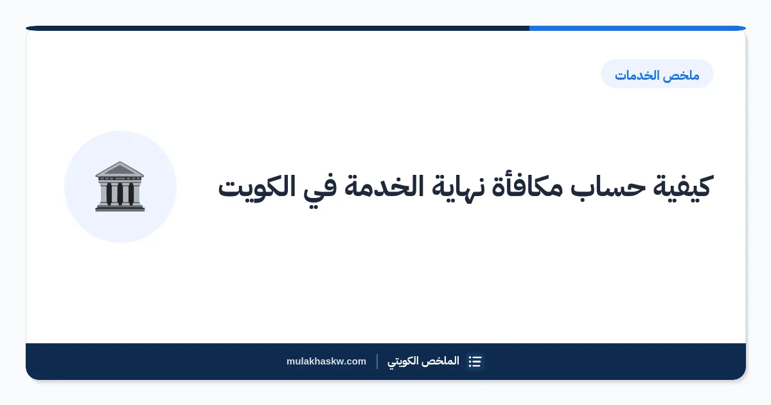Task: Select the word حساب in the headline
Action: click(x=608, y=186)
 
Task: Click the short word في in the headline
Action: click(x=320, y=190)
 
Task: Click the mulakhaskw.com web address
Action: click(x=326, y=361)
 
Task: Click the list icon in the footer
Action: click(x=475, y=361)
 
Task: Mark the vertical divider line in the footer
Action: click(x=377, y=361)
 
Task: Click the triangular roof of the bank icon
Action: click(x=120, y=169)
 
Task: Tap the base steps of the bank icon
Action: click(x=120, y=208)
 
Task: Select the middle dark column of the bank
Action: click(x=120, y=194)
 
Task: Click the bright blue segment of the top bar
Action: click(x=637, y=28)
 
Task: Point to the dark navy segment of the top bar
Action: click(x=278, y=28)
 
